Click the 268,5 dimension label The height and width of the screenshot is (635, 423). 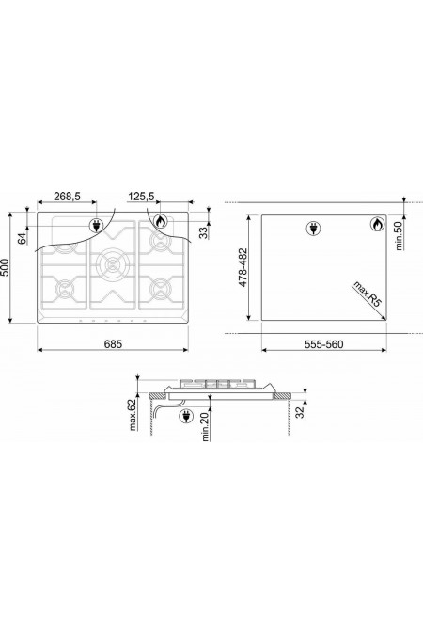point(67,197)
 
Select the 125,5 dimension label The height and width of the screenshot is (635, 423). point(141,197)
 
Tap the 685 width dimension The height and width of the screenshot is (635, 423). point(113,344)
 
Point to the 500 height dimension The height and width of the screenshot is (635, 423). point(5,267)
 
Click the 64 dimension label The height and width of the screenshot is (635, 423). point(23,238)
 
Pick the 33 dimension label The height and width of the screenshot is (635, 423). point(204,232)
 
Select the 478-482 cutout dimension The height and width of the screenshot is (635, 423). point(243,268)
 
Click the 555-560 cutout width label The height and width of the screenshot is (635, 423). point(323,344)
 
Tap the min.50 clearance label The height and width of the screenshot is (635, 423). point(399,235)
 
